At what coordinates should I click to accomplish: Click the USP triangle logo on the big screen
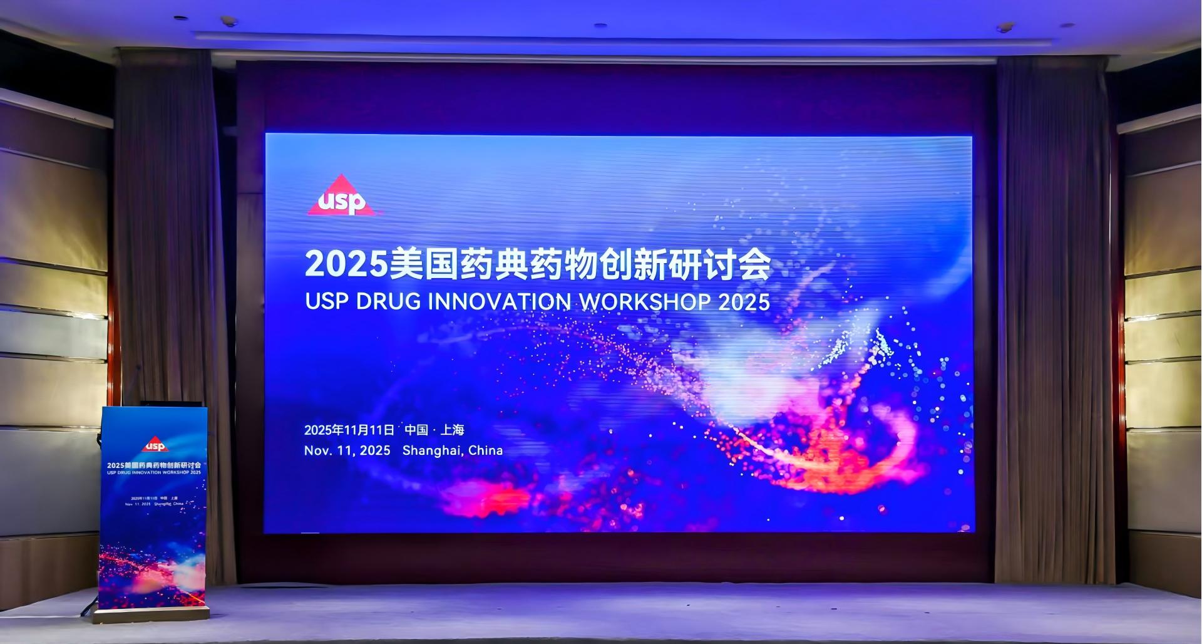[x=343, y=197]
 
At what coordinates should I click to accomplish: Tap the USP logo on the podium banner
[x=154, y=445]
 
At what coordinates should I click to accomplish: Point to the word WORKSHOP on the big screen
[x=645, y=302]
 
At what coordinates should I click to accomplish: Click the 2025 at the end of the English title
[x=744, y=302]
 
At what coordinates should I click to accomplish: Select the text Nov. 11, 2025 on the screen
[x=347, y=450]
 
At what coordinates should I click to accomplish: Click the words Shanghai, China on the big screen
[x=453, y=450]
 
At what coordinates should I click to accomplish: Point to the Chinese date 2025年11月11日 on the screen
[x=349, y=430]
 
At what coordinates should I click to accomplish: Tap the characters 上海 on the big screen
[x=453, y=430]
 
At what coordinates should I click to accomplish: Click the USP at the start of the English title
[x=326, y=302]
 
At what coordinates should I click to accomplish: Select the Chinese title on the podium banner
[x=154, y=465]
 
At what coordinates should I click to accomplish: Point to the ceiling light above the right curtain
[x=1005, y=28]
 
